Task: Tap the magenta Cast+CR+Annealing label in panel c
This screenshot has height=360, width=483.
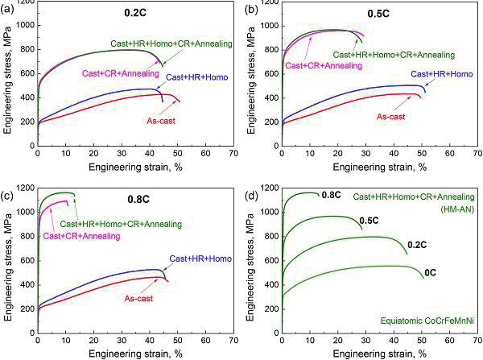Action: (82, 236)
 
